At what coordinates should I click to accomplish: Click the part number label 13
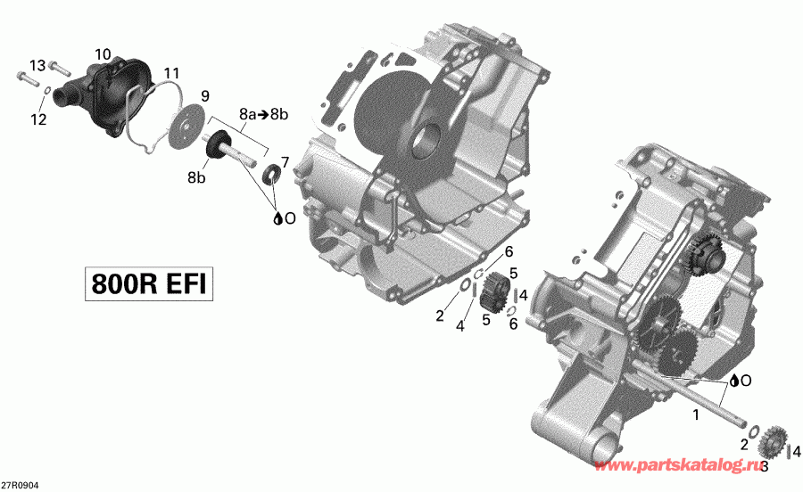(37, 66)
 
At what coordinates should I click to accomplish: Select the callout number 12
(37, 119)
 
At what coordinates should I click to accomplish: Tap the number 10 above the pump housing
(103, 55)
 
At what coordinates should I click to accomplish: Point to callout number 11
(170, 72)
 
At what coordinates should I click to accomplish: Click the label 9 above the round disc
(204, 95)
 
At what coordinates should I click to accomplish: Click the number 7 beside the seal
(285, 161)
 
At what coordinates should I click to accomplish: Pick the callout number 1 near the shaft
(696, 415)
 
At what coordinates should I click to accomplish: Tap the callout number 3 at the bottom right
(765, 465)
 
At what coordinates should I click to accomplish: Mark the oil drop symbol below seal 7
(278, 217)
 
